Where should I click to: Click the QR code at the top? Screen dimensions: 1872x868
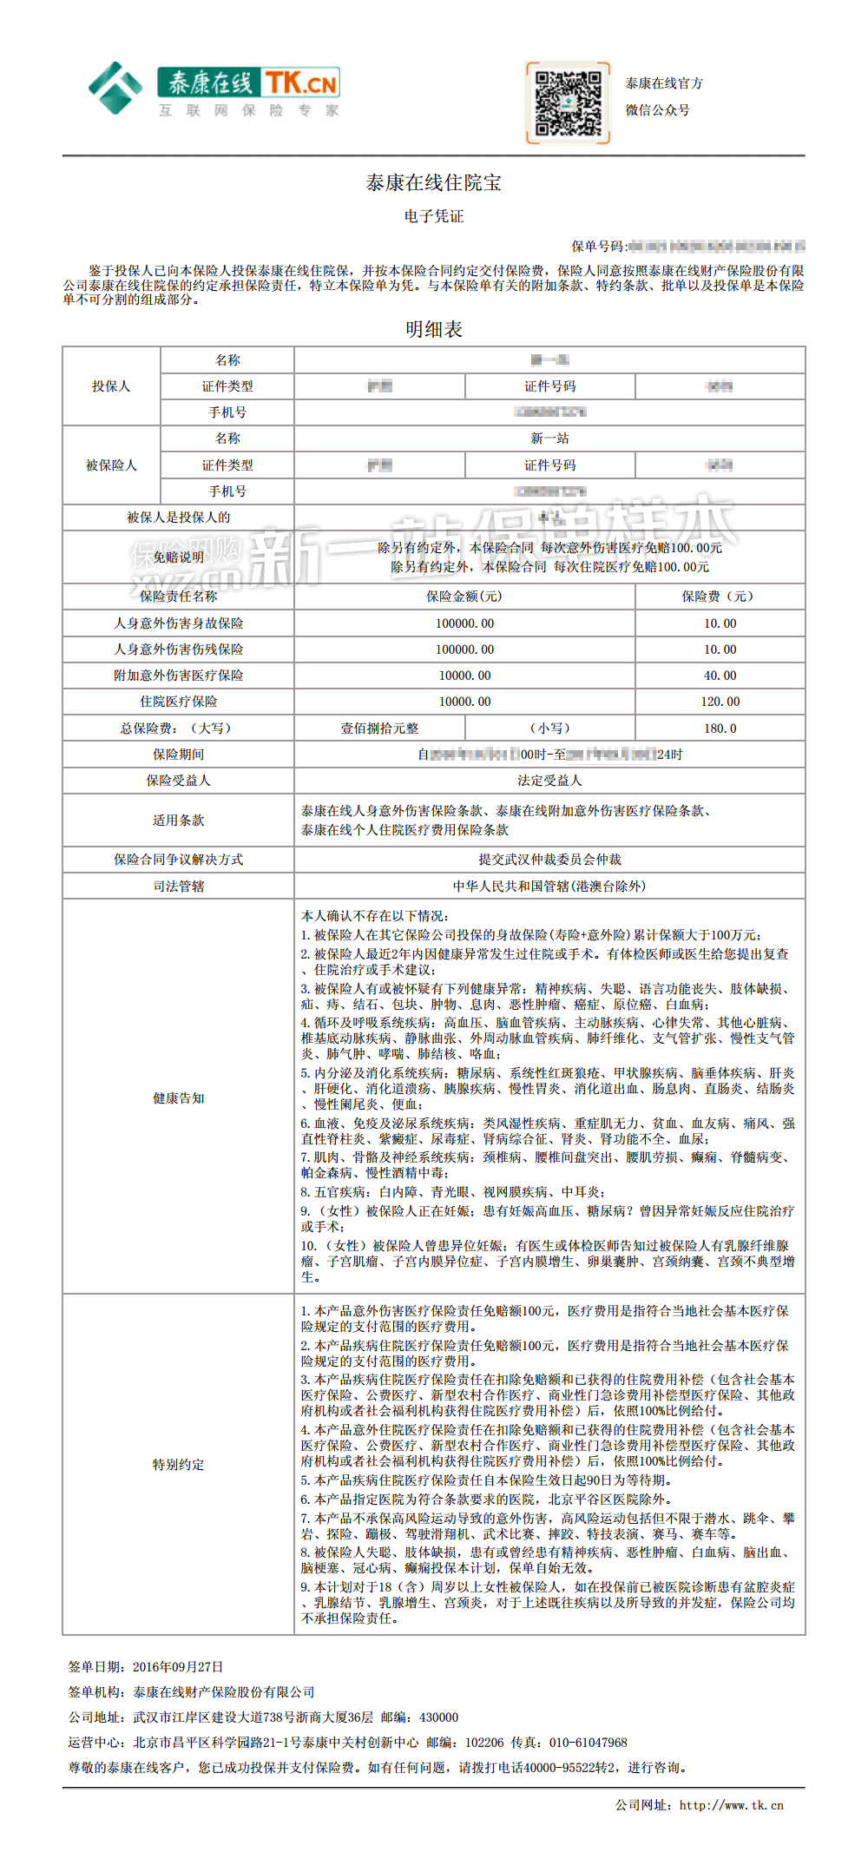click(568, 102)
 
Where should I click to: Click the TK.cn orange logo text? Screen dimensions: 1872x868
click(300, 83)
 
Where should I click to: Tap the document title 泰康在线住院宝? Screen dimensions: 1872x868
click(433, 182)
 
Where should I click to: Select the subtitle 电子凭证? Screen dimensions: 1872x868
click(433, 216)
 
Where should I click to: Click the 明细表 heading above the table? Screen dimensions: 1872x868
click(433, 329)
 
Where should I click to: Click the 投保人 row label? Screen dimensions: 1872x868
click(111, 386)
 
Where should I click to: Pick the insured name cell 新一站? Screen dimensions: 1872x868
click(549, 438)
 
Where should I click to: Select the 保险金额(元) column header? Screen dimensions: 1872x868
click(464, 597)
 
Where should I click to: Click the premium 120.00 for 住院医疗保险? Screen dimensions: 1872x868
click(720, 702)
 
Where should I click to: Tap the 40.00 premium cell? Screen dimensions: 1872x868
click(720, 676)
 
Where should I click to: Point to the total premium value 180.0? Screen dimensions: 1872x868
click(720, 728)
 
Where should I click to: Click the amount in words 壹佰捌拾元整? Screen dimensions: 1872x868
click(379, 728)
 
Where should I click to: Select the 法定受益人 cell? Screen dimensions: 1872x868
click(549, 781)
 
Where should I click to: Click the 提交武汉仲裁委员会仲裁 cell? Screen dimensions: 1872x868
click(549, 860)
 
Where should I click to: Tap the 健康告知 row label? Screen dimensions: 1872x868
click(178, 1098)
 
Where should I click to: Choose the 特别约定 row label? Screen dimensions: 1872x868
click(178, 1465)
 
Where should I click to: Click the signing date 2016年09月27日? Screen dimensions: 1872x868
click(178, 1667)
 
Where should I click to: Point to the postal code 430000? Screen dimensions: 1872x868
click(438, 1717)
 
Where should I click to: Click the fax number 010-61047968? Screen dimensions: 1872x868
click(588, 1743)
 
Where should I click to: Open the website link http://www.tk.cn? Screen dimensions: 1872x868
click(731, 1805)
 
